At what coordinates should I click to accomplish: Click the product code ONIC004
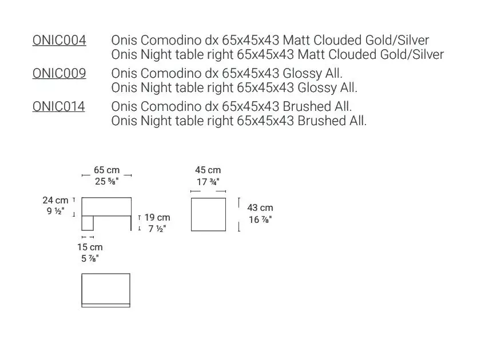(59, 40)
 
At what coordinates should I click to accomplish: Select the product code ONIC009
(59, 73)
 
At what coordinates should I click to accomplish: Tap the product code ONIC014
(58, 106)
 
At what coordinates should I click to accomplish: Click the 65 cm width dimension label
(107, 170)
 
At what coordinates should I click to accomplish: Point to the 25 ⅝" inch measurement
(107, 181)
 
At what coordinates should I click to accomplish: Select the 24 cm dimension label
(55, 200)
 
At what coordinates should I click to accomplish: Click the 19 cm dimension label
(157, 217)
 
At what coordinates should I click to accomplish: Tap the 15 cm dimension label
(90, 247)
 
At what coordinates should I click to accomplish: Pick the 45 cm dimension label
(208, 170)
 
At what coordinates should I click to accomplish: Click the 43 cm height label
(260, 207)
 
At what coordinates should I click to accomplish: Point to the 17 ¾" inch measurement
(208, 182)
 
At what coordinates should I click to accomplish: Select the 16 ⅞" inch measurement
(260, 219)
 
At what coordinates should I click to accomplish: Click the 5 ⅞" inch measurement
(90, 259)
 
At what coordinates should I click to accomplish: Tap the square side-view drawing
(209, 198)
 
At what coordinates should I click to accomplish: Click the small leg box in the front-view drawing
(88, 230)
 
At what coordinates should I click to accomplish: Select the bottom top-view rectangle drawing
(106, 274)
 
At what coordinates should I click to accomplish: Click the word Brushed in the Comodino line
(307, 106)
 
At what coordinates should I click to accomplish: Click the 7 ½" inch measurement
(157, 229)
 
